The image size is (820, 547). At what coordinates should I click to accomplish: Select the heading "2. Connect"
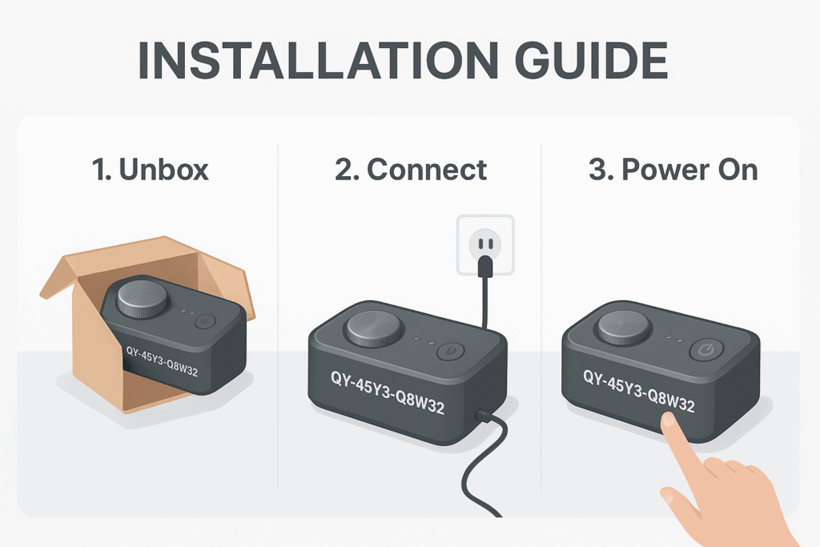[x=409, y=170]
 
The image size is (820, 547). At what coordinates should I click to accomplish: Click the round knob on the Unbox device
[x=143, y=298]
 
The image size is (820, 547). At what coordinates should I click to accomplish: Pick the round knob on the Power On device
[x=624, y=327]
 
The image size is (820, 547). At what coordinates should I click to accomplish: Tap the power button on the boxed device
[x=205, y=322]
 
